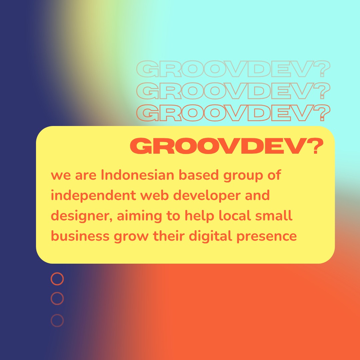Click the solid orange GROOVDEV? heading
click(227, 146)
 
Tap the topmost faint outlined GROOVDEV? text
click(233, 69)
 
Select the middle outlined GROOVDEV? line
click(233, 91)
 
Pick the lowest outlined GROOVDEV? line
click(233, 113)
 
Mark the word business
click(80, 236)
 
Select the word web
click(155, 195)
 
